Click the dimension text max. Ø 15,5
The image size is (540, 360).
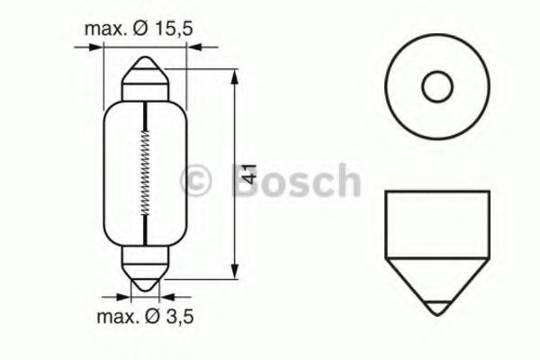pos(139,29)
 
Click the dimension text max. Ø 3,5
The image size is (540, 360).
pos(143,316)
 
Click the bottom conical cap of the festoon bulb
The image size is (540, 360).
pos(143,274)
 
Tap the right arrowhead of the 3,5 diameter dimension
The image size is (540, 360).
pos(160,294)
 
